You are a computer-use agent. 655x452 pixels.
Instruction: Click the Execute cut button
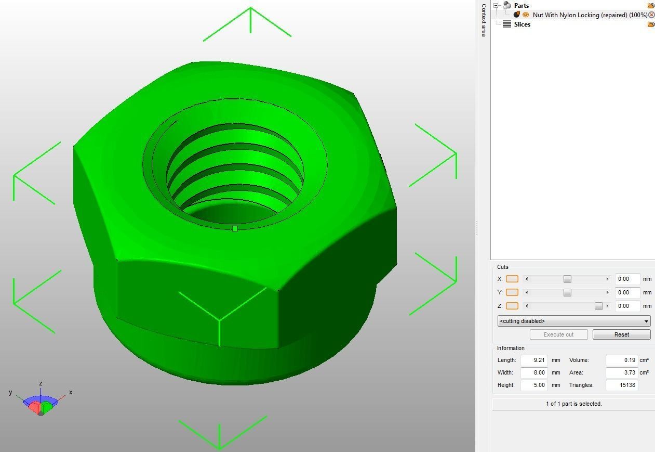point(558,334)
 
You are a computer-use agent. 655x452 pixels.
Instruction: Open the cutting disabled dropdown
point(573,321)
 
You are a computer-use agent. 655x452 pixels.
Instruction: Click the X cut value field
point(627,279)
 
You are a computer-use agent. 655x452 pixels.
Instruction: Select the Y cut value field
point(627,292)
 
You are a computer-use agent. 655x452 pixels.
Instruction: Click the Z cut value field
point(627,306)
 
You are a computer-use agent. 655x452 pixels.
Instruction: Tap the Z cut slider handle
point(598,306)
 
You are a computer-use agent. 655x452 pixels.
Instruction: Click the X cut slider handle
point(567,279)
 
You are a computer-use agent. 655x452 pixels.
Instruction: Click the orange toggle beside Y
point(512,292)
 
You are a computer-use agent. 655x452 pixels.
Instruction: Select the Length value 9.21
point(534,360)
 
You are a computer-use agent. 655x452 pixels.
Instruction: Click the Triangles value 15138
point(621,385)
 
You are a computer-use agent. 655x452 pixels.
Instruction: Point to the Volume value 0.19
point(621,360)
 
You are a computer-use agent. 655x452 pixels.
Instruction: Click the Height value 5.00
point(534,385)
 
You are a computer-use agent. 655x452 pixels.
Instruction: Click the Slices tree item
point(522,24)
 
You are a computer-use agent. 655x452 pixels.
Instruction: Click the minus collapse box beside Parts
point(496,5)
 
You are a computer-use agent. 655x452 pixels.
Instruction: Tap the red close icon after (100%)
point(651,15)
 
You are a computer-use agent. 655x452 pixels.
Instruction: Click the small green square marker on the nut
point(235,228)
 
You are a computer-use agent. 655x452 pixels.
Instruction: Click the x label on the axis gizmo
point(71,392)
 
